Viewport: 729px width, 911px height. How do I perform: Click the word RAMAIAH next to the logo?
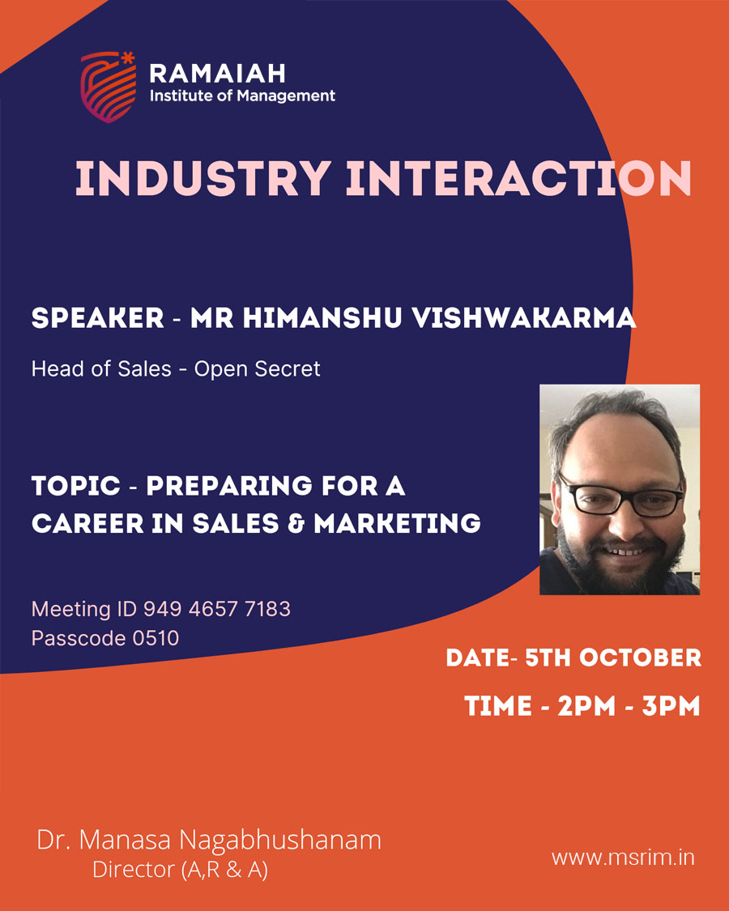[217, 74]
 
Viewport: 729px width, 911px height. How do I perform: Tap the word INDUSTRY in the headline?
[203, 178]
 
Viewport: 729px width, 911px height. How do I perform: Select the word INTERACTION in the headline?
[518, 178]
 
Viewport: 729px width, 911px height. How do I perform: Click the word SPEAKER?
[98, 317]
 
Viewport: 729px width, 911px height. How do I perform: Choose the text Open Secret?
[257, 369]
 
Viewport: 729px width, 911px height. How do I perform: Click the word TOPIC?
[76, 486]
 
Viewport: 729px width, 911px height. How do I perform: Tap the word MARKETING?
[397, 523]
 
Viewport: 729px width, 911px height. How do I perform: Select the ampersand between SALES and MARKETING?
[296, 523]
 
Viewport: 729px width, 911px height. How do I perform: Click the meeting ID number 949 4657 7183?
[217, 609]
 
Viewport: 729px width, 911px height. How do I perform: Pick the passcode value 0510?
[156, 638]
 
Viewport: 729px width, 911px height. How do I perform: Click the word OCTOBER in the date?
[640, 658]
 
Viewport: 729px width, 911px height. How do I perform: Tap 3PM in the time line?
[671, 706]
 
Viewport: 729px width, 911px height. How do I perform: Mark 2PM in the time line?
[586, 706]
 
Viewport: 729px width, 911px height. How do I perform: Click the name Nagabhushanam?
[279, 841]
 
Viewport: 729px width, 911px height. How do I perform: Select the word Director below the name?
[134, 869]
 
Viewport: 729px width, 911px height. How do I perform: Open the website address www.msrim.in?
[623, 858]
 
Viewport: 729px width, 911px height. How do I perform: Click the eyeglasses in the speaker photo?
[621, 496]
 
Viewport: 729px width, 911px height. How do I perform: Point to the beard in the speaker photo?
[617, 560]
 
